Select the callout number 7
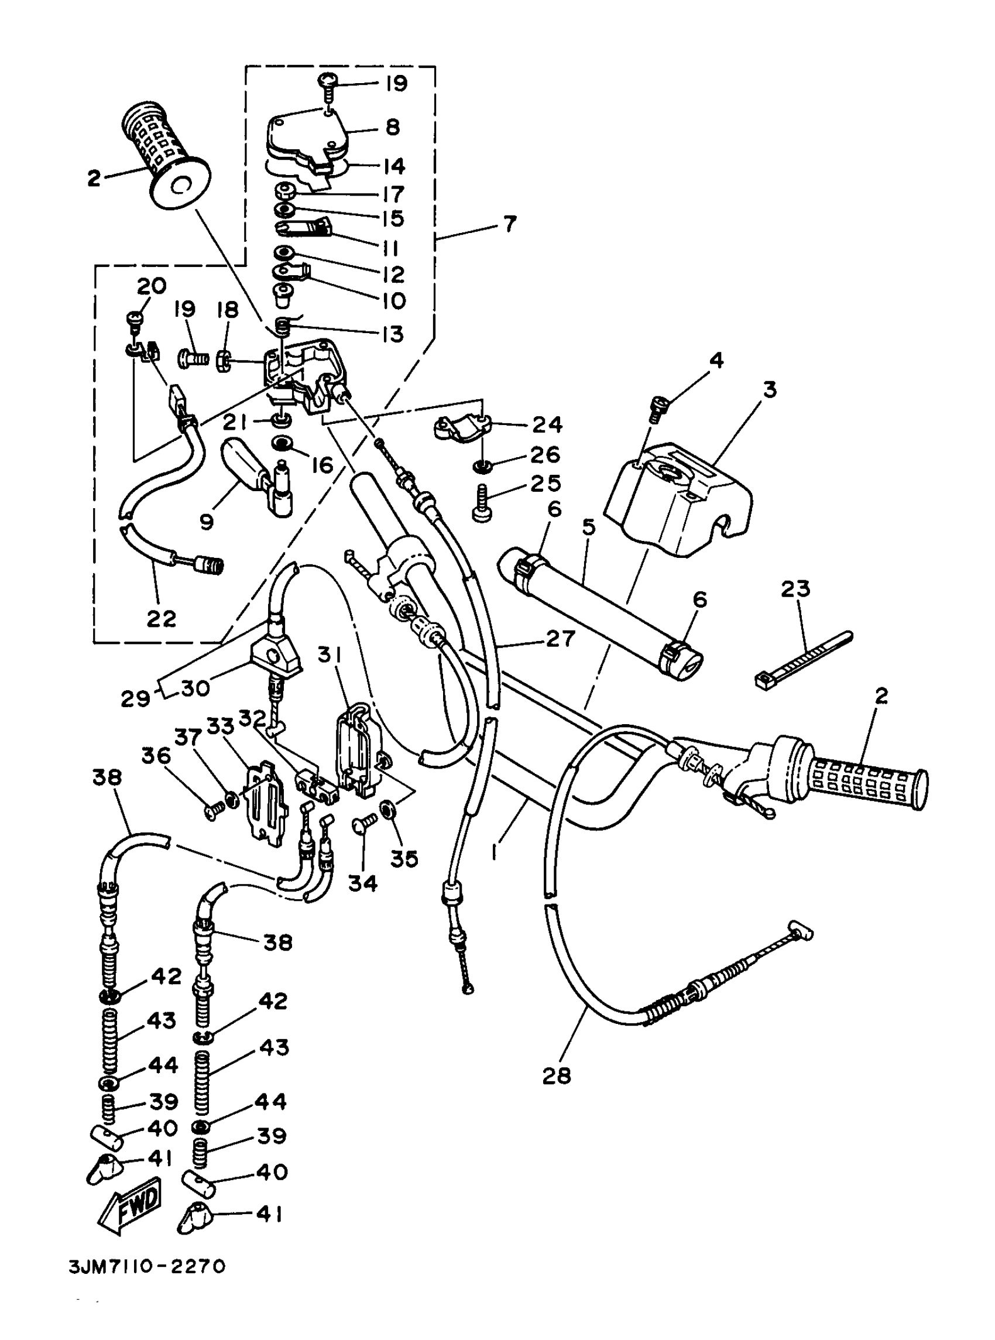tap(510, 225)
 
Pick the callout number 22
tap(161, 618)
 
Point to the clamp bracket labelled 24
tap(461, 427)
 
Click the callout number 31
tap(330, 654)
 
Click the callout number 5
tap(588, 527)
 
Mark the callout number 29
tap(135, 698)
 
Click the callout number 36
tap(156, 756)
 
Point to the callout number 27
tap(560, 638)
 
